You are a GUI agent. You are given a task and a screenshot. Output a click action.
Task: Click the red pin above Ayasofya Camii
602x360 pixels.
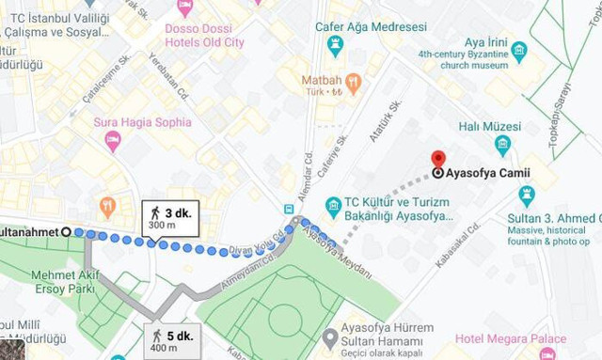pyautogui.click(x=438, y=158)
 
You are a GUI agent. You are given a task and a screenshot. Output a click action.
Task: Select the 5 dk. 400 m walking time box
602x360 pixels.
pyautogui.click(x=172, y=340)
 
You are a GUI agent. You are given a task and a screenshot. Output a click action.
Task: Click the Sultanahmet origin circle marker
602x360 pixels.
pyautogui.click(x=66, y=231)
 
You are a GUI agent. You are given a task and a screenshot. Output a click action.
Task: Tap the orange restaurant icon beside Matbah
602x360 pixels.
pyautogui.click(x=354, y=83)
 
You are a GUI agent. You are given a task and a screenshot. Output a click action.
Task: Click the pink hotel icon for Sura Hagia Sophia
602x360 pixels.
pyautogui.click(x=113, y=141)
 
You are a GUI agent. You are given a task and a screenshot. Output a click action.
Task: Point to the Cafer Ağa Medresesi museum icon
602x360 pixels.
pyautogui.click(x=335, y=43)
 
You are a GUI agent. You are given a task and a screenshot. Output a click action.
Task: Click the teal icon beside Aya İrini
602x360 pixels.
pyautogui.click(x=519, y=51)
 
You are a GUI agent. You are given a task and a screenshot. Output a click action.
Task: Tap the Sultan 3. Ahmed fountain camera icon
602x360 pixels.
pyautogui.click(x=527, y=196)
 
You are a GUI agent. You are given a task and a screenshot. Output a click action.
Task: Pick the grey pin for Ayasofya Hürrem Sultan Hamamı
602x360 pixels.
pyautogui.click(x=329, y=337)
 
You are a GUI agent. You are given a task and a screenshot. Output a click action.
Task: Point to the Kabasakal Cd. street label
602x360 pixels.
pyautogui.click(x=458, y=245)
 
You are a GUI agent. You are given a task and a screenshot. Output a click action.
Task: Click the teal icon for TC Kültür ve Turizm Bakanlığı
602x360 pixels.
pyautogui.click(x=333, y=206)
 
